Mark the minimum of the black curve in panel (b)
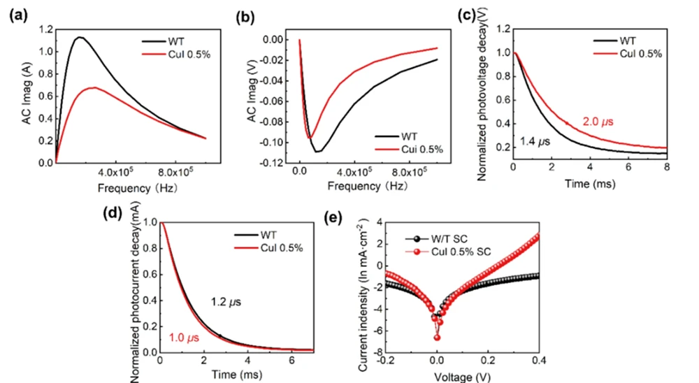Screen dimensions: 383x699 [317, 152]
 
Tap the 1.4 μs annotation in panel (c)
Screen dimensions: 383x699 [535, 142]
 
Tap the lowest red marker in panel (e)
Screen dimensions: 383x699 [438, 338]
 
